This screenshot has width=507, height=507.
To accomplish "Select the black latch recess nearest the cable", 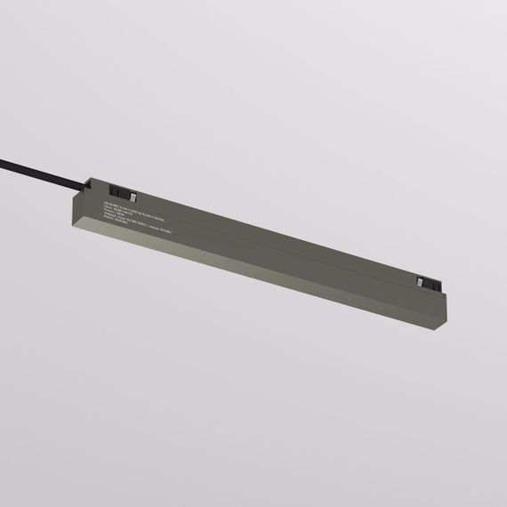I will (119, 192).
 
